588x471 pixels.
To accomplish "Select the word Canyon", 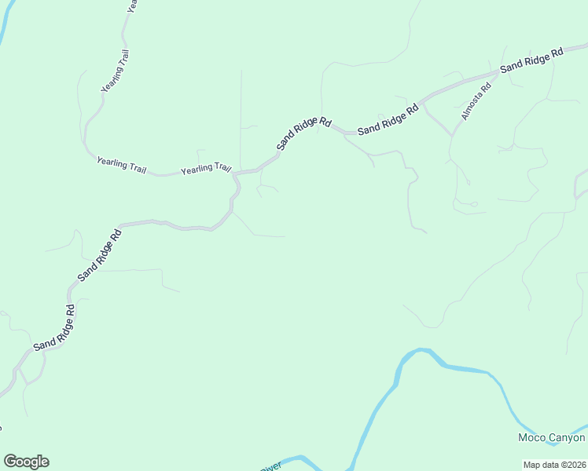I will tap(567, 438).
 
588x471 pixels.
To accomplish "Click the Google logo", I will tap(26, 462).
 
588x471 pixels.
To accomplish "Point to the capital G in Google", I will tap(11, 462).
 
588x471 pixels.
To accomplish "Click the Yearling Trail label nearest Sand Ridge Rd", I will tap(206, 169).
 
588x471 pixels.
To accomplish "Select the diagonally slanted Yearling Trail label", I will tap(115, 71).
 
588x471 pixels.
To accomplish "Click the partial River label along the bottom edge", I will tap(270, 467).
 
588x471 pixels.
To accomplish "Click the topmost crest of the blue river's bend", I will tap(423, 351).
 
